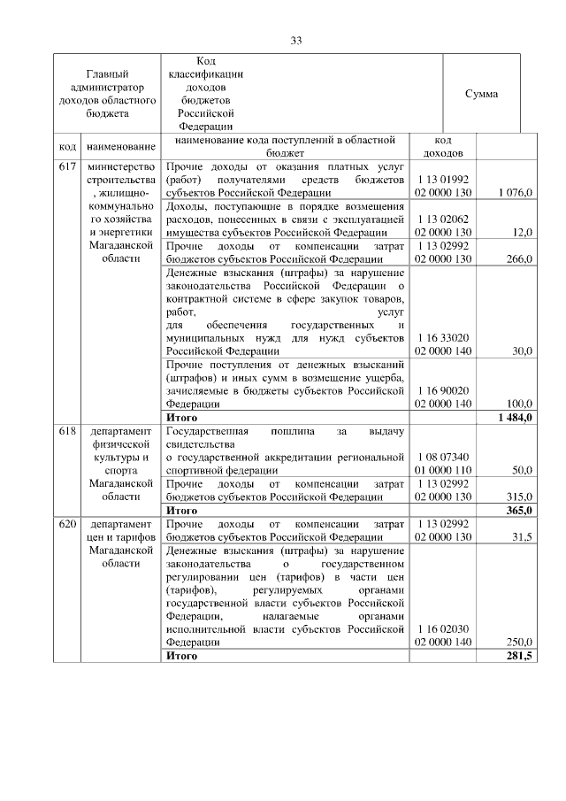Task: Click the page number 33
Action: (296, 40)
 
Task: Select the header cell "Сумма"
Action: (481, 94)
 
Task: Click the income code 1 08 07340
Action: (443, 457)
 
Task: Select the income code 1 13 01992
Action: (443, 179)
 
